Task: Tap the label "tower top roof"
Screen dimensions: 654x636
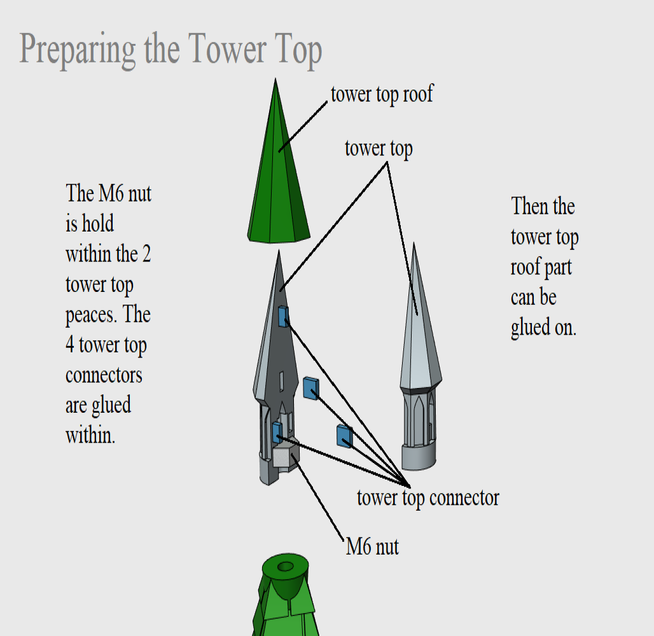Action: (382, 94)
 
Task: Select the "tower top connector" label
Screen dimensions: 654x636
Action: (428, 498)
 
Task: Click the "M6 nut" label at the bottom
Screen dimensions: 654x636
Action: (372, 546)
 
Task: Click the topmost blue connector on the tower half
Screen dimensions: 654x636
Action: (283, 317)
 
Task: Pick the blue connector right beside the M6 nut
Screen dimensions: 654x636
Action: (277, 432)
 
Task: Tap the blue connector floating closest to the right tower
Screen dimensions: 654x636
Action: (345, 436)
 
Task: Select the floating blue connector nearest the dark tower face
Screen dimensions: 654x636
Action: (310, 388)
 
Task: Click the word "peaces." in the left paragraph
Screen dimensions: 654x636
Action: (92, 315)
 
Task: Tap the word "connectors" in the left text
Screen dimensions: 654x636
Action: (104, 375)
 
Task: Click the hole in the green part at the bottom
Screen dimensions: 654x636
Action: (286, 566)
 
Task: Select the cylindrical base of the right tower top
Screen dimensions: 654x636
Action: (419, 457)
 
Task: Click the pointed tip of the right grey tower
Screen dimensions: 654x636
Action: (414, 243)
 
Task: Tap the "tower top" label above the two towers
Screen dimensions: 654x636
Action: (379, 148)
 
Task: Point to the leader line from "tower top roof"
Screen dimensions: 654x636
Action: (303, 127)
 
